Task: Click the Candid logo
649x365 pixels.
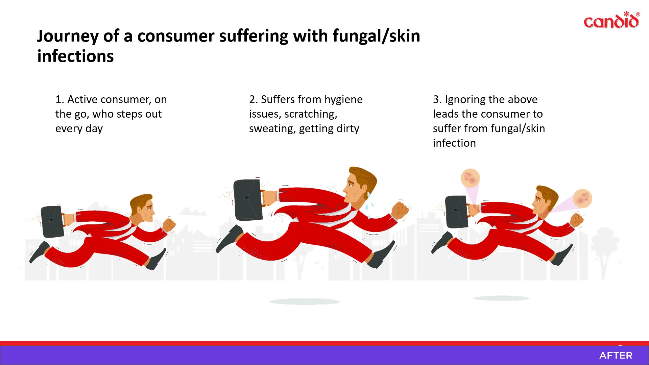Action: tap(612, 20)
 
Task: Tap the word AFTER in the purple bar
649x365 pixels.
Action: tap(616, 356)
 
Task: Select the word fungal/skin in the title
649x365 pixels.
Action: tap(376, 36)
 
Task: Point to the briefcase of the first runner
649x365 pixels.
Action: tap(52, 222)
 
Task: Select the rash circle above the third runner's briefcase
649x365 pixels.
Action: tap(470, 178)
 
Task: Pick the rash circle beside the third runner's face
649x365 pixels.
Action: tap(582, 198)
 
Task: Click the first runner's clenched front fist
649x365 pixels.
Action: tap(169, 225)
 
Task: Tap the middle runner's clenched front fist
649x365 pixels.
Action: tap(400, 210)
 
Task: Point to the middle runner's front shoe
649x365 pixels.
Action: tap(382, 255)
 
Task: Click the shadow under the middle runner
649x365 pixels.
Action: tap(305, 301)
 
